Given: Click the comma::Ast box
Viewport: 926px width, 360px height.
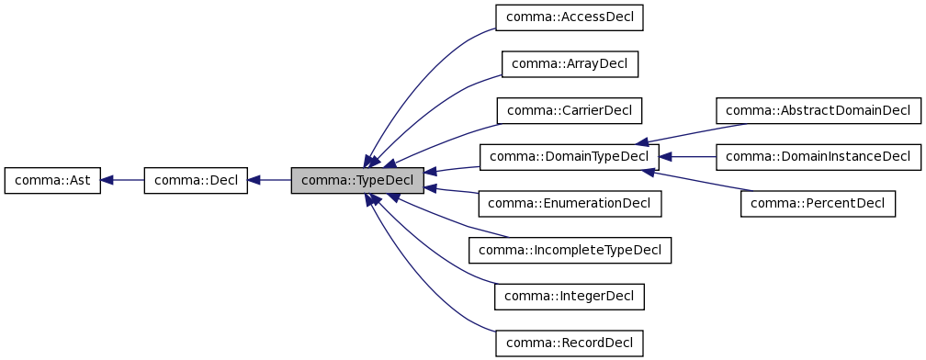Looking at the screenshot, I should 51,181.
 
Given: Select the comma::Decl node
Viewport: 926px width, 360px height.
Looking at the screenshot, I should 197,181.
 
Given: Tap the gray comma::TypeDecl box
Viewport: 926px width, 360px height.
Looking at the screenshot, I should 357,181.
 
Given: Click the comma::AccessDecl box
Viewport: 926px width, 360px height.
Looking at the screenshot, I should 569,17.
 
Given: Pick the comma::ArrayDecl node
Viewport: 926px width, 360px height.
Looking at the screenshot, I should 569,64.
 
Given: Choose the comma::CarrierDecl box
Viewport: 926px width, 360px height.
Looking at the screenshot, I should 569,111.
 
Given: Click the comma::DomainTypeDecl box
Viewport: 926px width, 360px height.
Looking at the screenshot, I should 569,157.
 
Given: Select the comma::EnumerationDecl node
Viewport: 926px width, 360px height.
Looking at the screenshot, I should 570,204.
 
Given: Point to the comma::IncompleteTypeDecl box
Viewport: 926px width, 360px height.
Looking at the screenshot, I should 570,250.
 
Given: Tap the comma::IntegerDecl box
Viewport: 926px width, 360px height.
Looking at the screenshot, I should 569,297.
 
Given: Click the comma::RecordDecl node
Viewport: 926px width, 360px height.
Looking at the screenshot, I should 569,343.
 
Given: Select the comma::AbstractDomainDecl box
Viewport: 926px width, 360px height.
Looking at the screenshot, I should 818,111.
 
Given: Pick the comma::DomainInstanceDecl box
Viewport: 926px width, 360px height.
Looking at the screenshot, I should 818,157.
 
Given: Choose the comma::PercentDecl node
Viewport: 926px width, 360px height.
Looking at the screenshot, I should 818,204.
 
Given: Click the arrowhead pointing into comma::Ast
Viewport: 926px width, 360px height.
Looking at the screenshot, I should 107,181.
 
